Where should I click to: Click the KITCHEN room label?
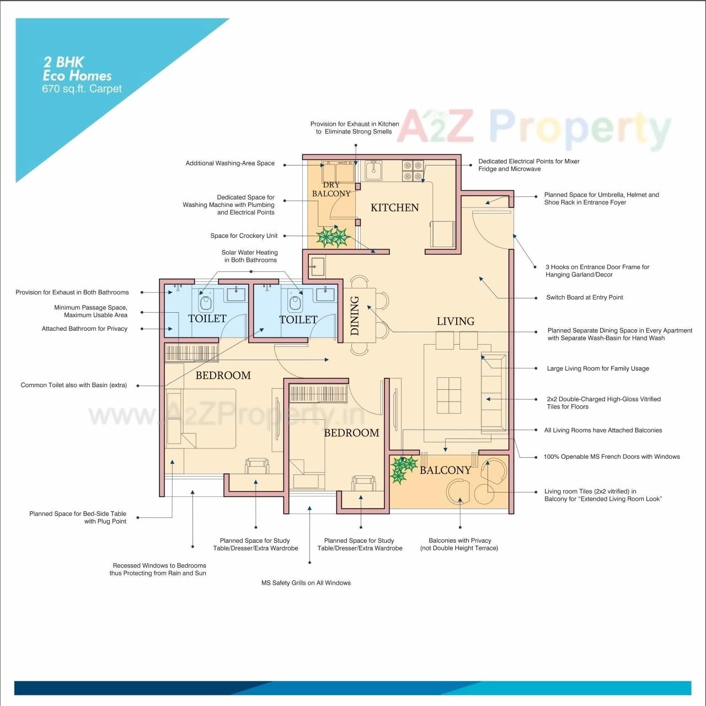tap(394, 207)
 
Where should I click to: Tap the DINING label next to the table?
tap(355, 315)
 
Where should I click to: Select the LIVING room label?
tap(455, 321)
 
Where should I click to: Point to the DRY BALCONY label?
tap(331, 189)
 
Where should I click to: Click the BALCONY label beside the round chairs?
tap(445, 470)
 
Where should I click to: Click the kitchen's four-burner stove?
tap(413, 171)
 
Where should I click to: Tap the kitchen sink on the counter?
tap(374, 170)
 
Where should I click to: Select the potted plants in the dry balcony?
tap(333, 237)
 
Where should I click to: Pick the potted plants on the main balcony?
tap(403, 469)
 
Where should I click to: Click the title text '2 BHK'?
tap(63, 62)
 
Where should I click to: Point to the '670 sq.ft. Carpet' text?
tap(82, 89)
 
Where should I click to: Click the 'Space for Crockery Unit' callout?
tap(244, 236)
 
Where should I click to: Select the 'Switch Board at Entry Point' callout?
tap(584, 297)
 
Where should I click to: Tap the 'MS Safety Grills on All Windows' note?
tap(306, 583)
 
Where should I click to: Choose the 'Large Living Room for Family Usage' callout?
tap(597, 368)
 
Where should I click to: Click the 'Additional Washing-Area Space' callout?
tap(230, 163)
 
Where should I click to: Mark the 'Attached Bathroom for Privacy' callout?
tap(84, 329)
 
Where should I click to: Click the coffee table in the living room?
tap(448, 395)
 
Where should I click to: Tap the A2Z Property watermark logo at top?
tap(533, 128)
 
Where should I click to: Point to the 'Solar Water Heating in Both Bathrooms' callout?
tap(250, 256)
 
